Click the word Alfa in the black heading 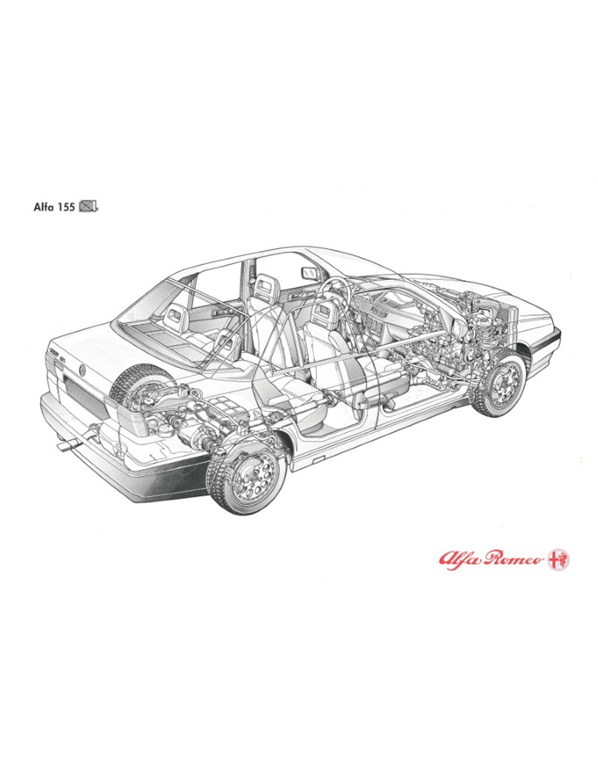click(x=43, y=207)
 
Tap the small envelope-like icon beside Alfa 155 click(x=88, y=207)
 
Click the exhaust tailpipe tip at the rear click(x=67, y=445)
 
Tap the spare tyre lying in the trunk click(x=140, y=381)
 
